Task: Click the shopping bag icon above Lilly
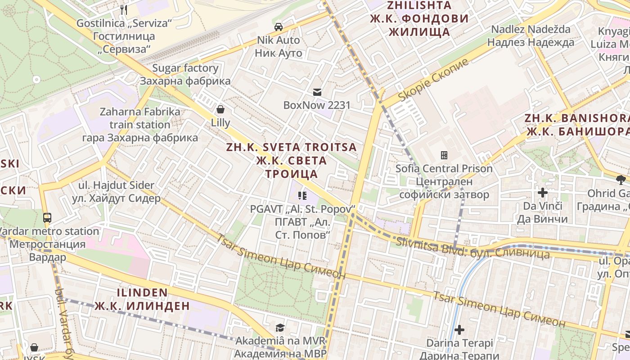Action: (x=220, y=109)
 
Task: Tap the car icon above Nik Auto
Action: (x=279, y=27)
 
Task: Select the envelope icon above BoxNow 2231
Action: (x=317, y=92)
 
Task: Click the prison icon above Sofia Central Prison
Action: (x=444, y=156)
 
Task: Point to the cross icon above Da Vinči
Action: (x=543, y=193)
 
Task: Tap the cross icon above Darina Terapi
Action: (x=459, y=330)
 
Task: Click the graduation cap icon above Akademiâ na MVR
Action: (x=280, y=327)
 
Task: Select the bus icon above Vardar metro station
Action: (x=47, y=218)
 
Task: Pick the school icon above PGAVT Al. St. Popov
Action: (x=302, y=196)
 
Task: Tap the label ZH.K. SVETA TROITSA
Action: (x=291, y=147)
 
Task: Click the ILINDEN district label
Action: (x=142, y=292)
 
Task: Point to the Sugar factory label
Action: (x=185, y=68)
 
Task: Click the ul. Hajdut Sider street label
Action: (x=116, y=185)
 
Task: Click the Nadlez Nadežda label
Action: (x=531, y=30)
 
